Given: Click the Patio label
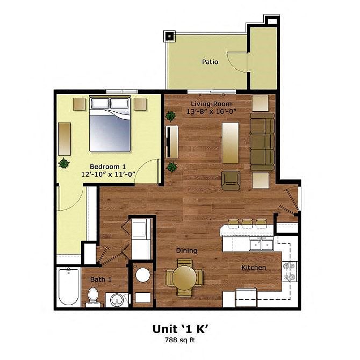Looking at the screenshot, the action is click(210, 62).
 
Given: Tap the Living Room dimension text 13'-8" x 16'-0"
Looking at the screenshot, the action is click(212, 112).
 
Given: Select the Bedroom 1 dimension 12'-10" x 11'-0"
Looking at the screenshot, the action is click(107, 174).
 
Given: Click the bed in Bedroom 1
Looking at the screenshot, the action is click(110, 124).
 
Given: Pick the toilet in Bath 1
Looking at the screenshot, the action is click(93, 297).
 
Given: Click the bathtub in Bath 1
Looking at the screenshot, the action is click(68, 287).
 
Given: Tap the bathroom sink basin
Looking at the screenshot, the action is click(117, 300).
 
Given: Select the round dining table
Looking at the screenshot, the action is click(184, 278).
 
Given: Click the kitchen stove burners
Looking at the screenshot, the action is click(289, 271).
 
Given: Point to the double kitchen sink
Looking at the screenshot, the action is click(261, 244).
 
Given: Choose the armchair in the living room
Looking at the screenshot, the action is click(231, 181).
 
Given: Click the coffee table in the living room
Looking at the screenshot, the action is click(231, 143).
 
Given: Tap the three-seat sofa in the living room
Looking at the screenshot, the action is click(262, 141).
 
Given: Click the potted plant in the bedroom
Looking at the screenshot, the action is click(64, 163).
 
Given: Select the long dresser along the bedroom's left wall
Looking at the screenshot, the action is click(64, 139).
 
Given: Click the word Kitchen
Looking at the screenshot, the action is click(254, 268).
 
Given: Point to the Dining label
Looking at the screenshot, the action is click(186, 250).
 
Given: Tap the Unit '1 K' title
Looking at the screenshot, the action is click(180, 329).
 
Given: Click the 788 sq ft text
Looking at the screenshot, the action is click(179, 340).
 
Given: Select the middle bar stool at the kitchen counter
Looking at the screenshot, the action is click(247, 224).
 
